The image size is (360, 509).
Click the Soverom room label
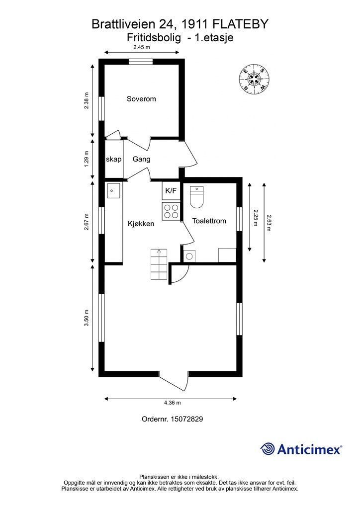click(x=141, y=99)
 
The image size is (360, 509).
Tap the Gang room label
click(x=142, y=159)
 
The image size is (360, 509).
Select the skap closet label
click(x=113, y=159)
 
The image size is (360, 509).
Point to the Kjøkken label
click(x=141, y=224)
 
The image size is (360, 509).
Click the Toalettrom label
click(x=209, y=221)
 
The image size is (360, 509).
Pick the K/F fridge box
click(x=171, y=190)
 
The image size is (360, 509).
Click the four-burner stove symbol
click(x=171, y=211)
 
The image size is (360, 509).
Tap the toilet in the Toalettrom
click(x=196, y=197)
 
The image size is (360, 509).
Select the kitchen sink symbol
click(x=113, y=190)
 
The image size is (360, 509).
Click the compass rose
click(x=255, y=79)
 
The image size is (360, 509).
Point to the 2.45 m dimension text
click(x=142, y=47)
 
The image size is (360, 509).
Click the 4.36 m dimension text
click(x=172, y=403)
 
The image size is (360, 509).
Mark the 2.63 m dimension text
click(x=269, y=222)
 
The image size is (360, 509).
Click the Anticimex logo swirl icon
click(x=268, y=449)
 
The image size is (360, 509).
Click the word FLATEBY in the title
click(x=240, y=24)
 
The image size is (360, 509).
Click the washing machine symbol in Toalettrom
click(x=189, y=256)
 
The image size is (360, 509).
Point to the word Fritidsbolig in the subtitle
click(x=154, y=38)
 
